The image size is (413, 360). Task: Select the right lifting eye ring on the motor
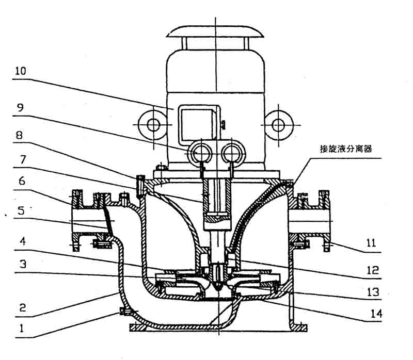click(278, 124)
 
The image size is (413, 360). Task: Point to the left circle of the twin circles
click(198, 152)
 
